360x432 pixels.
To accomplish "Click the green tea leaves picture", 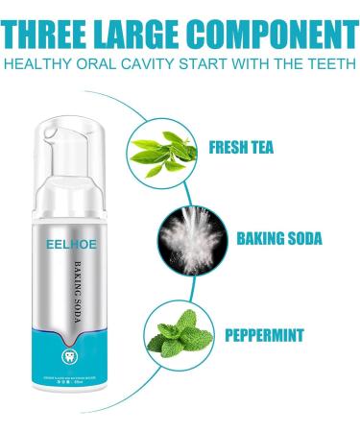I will tap(160, 148).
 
